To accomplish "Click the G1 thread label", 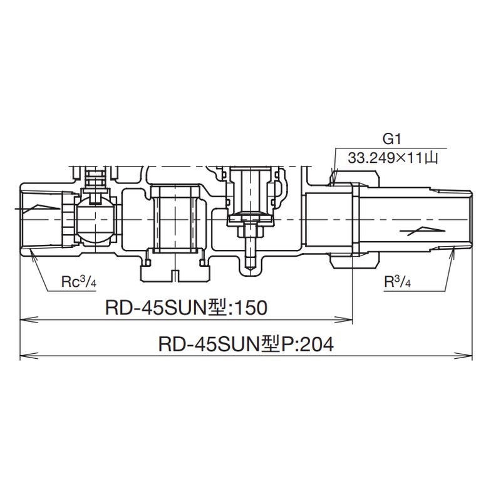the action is point(391,139).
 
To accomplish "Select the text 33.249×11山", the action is point(393,158).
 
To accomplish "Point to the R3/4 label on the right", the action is point(397,282).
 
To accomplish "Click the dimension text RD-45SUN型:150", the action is point(186,308).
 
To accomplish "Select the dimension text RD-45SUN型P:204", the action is point(246,344).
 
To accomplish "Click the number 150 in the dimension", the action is point(250,308).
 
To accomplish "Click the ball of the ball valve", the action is point(95,220).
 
